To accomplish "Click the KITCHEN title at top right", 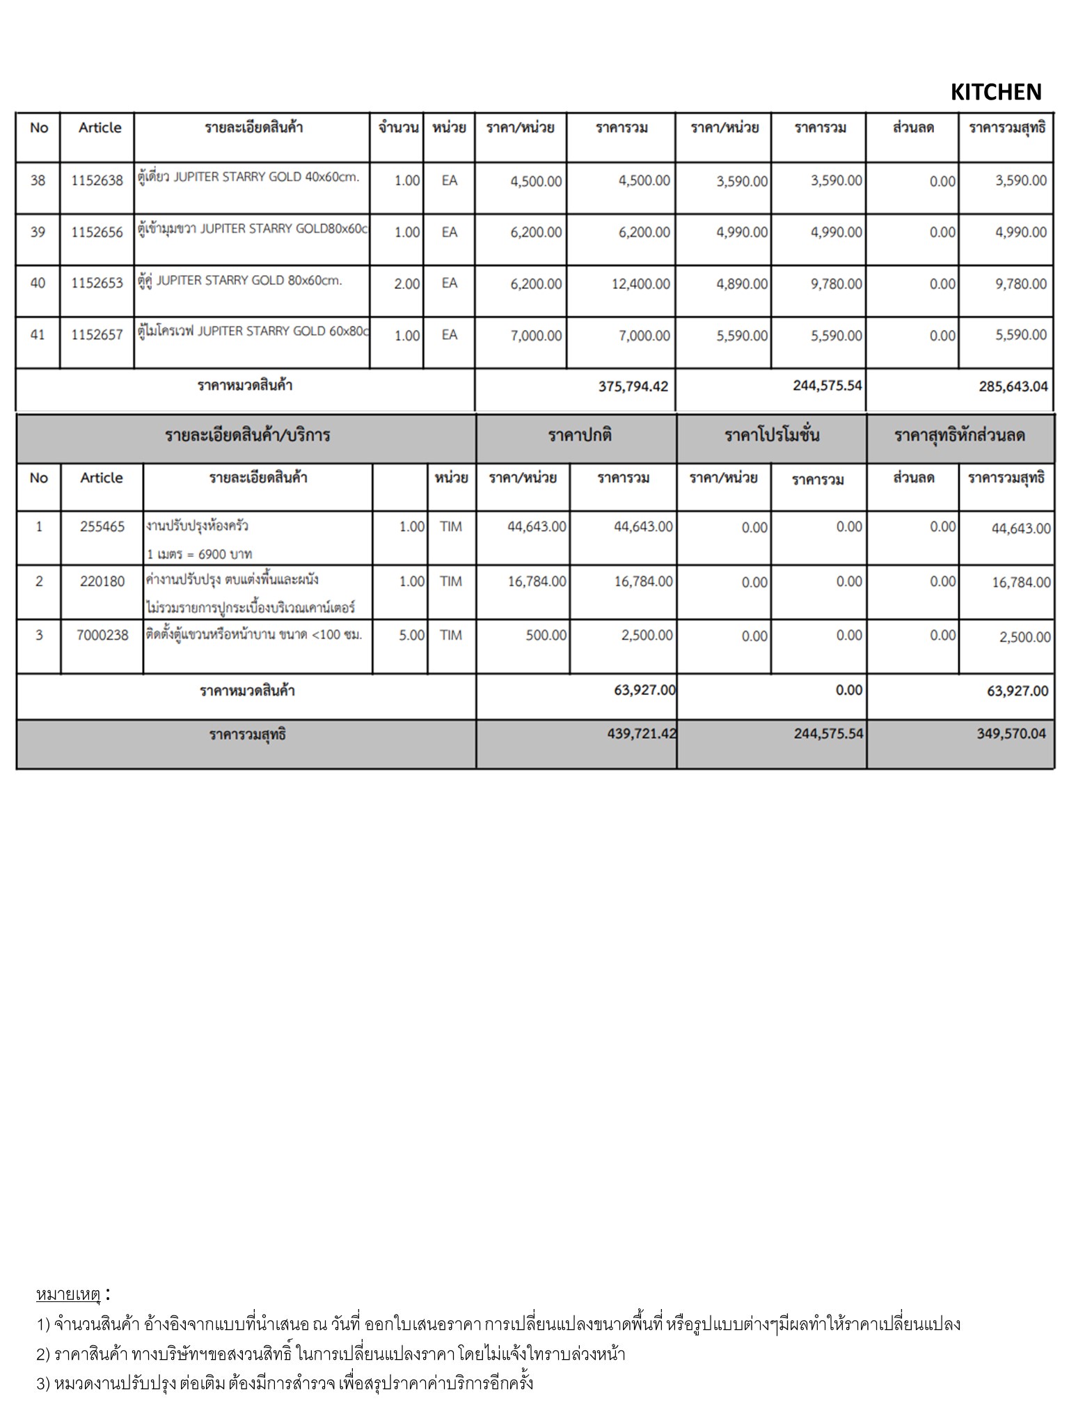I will point(995,92).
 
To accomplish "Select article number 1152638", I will point(97,180).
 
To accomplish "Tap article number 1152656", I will point(97,232).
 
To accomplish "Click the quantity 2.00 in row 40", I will point(407,283).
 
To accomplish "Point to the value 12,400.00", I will point(640,283).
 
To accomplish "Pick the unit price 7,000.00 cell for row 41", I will point(536,336).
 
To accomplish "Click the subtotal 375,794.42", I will point(633,386).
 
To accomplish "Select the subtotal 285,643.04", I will point(1013,386).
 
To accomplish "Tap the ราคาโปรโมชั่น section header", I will point(771,436).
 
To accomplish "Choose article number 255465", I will point(102,526).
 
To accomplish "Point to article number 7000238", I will point(102,635).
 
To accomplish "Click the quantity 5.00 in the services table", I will point(411,635).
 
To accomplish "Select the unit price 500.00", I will point(546,635).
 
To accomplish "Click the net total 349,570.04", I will point(1011,733).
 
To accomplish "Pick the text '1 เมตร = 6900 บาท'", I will point(199,554).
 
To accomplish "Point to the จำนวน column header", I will point(398,127).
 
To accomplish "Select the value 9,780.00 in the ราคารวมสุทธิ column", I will point(1020,283).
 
